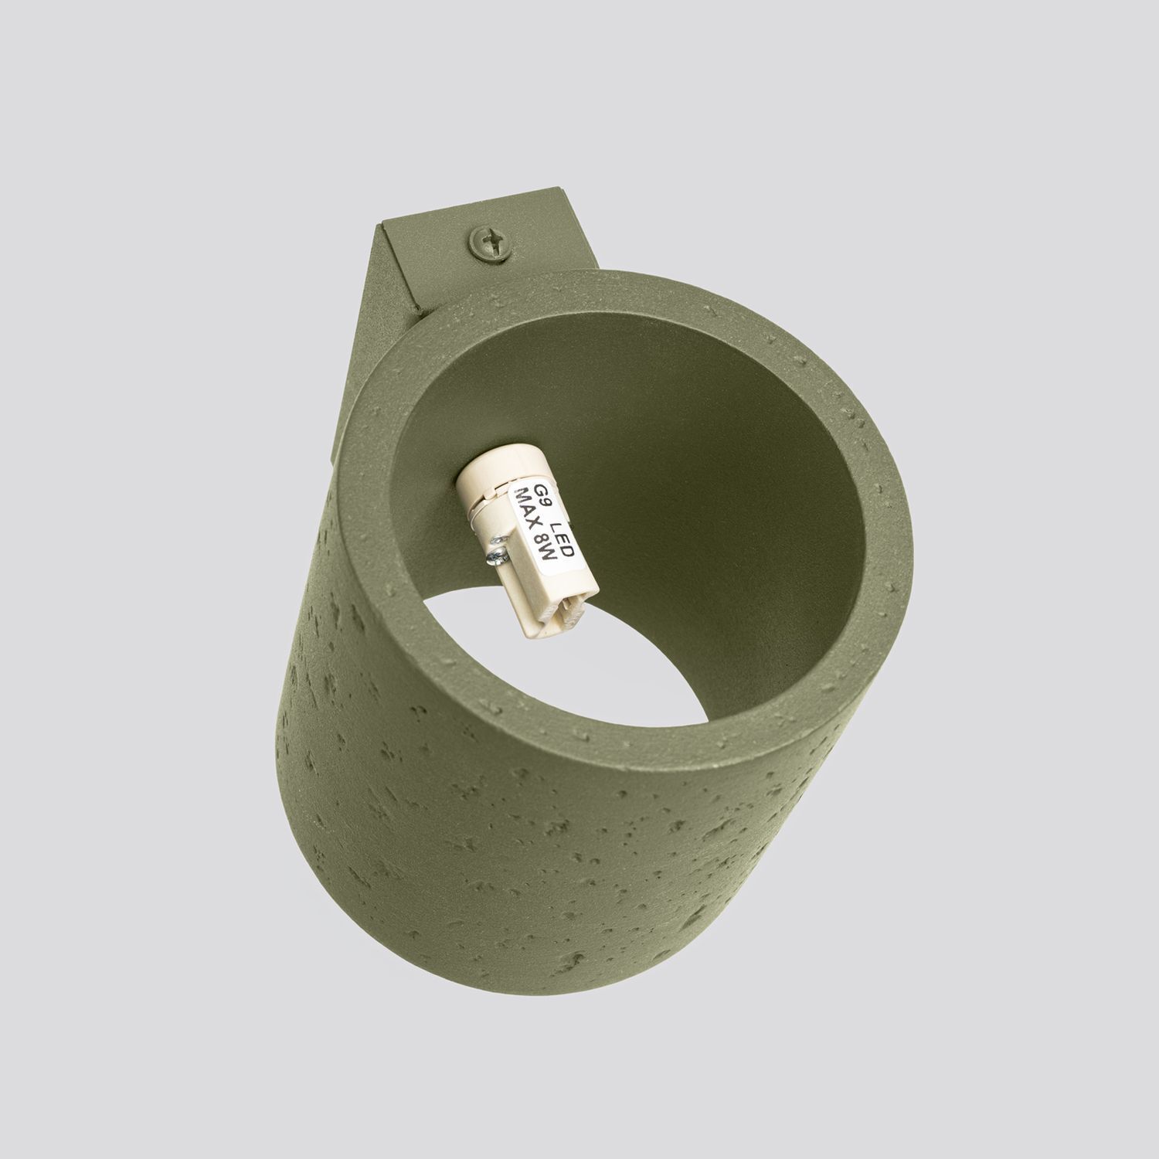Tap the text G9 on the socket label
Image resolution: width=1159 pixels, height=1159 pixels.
pos(538,493)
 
